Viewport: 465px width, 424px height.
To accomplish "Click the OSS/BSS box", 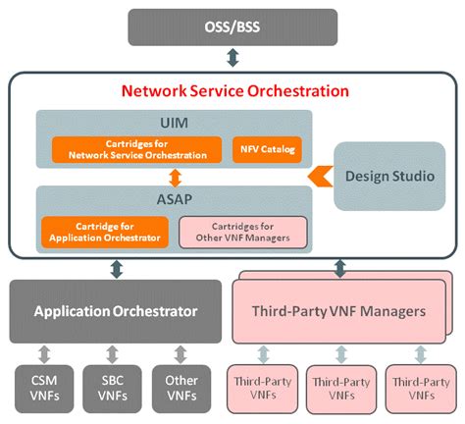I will (x=232, y=26).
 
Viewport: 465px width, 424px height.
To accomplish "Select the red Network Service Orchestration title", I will (x=234, y=90).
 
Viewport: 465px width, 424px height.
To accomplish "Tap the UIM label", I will (x=174, y=123).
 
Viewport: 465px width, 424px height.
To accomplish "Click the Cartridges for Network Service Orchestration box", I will (x=136, y=149).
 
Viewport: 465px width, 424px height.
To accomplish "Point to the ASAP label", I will (x=174, y=199).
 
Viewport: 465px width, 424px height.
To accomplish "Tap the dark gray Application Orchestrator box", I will (x=116, y=312).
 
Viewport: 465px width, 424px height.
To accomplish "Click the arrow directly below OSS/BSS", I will (x=232, y=58).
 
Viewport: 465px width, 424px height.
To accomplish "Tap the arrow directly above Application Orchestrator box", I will (x=116, y=266).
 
